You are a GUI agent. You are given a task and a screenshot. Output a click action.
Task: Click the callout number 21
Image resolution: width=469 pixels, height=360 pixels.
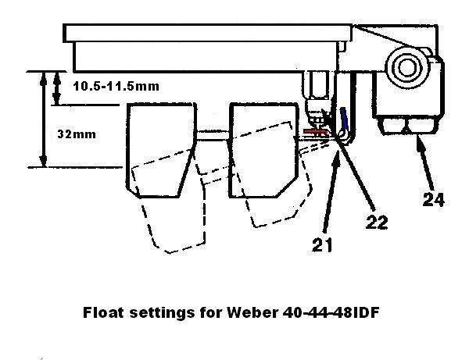[322, 245]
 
